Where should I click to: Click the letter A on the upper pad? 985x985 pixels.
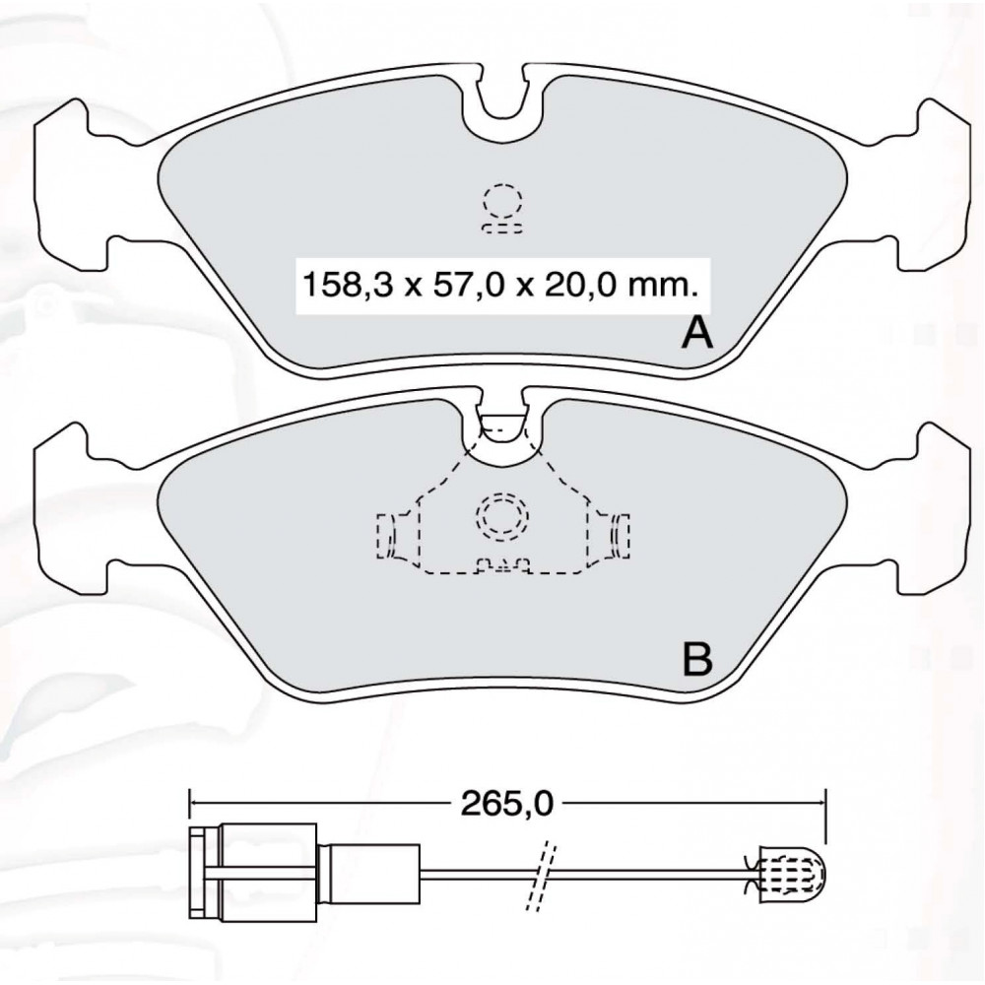697,333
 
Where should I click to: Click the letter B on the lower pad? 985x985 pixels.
697,658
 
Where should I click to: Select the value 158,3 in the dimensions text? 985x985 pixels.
348,286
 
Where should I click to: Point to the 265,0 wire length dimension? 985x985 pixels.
507,803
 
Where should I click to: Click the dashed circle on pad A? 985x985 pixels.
502,201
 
